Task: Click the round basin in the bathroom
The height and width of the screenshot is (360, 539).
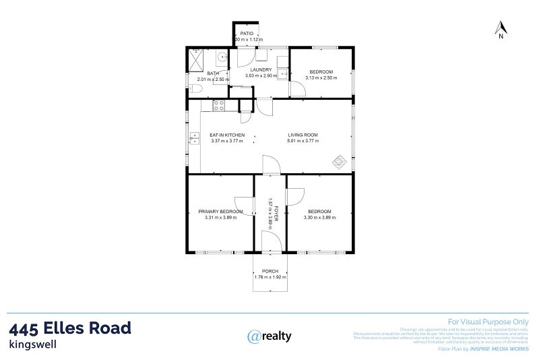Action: click(x=222, y=57)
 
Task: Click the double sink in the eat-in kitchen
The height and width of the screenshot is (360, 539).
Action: click(x=194, y=138)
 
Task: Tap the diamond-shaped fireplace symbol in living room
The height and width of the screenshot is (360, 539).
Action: click(x=341, y=162)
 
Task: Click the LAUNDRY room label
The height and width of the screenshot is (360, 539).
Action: click(x=260, y=69)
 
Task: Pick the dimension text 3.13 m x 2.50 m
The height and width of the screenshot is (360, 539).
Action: click(x=321, y=78)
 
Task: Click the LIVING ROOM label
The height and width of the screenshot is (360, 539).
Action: click(x=303, y=135)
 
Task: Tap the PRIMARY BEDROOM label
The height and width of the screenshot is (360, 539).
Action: click(x=220, y=211)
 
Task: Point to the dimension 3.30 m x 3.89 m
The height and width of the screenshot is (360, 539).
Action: click(x=320, y=217)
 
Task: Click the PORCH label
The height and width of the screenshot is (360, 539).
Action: click(x=270, y=271)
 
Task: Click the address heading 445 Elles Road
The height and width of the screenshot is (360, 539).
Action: click(x=70, y=328)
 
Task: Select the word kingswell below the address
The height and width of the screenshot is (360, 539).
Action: click(x=32, y=344)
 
